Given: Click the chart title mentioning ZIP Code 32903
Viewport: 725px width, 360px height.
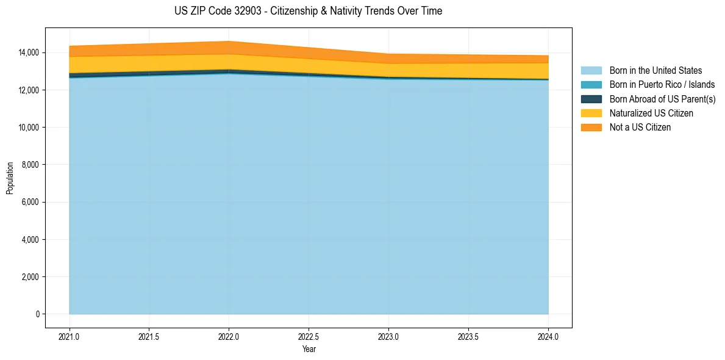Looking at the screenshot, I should [308, 11].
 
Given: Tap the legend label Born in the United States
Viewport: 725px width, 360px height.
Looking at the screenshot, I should [655, 71].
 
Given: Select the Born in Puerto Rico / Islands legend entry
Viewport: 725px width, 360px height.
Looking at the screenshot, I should [662, 85].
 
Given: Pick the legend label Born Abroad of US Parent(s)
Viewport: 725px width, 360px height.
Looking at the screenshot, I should [662, 99].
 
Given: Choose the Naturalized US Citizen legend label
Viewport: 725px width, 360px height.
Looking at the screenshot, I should [651, 113].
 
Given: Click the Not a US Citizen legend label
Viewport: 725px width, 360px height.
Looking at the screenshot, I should [640, 128].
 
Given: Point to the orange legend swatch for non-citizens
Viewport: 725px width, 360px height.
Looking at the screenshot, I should [591, 128].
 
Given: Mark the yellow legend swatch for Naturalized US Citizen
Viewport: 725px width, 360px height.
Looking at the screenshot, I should [591, 113].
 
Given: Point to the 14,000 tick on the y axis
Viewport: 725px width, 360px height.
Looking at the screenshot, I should [29, 53].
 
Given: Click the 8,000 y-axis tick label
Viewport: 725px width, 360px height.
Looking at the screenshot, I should [31, 165].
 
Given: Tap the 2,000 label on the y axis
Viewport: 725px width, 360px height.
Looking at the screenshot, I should [31, 277].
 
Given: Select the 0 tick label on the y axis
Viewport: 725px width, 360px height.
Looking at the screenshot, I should [37, 314].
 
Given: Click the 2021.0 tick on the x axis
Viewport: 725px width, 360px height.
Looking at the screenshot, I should [70, 336].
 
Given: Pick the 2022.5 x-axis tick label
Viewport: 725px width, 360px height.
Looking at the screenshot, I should [309, 336].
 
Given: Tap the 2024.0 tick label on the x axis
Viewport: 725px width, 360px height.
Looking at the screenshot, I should [548, 336].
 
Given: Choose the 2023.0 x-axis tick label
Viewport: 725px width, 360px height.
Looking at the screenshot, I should [388, 336].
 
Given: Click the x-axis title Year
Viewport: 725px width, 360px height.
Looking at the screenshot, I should [309, 349].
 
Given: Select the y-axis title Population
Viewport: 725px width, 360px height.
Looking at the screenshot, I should [10, 178].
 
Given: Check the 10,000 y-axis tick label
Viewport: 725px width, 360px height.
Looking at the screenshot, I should [29, 128].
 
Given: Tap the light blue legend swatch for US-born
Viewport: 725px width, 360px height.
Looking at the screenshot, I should [591, 71].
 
